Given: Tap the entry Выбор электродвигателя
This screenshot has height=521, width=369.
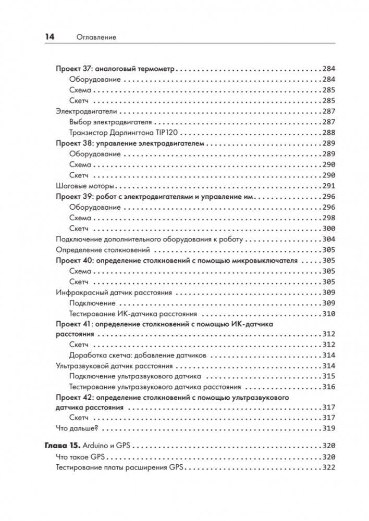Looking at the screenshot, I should pos(110,122).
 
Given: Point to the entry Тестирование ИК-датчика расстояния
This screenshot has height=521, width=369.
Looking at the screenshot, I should pos(132,314).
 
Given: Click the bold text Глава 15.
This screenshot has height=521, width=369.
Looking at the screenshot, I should pos(60,446).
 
